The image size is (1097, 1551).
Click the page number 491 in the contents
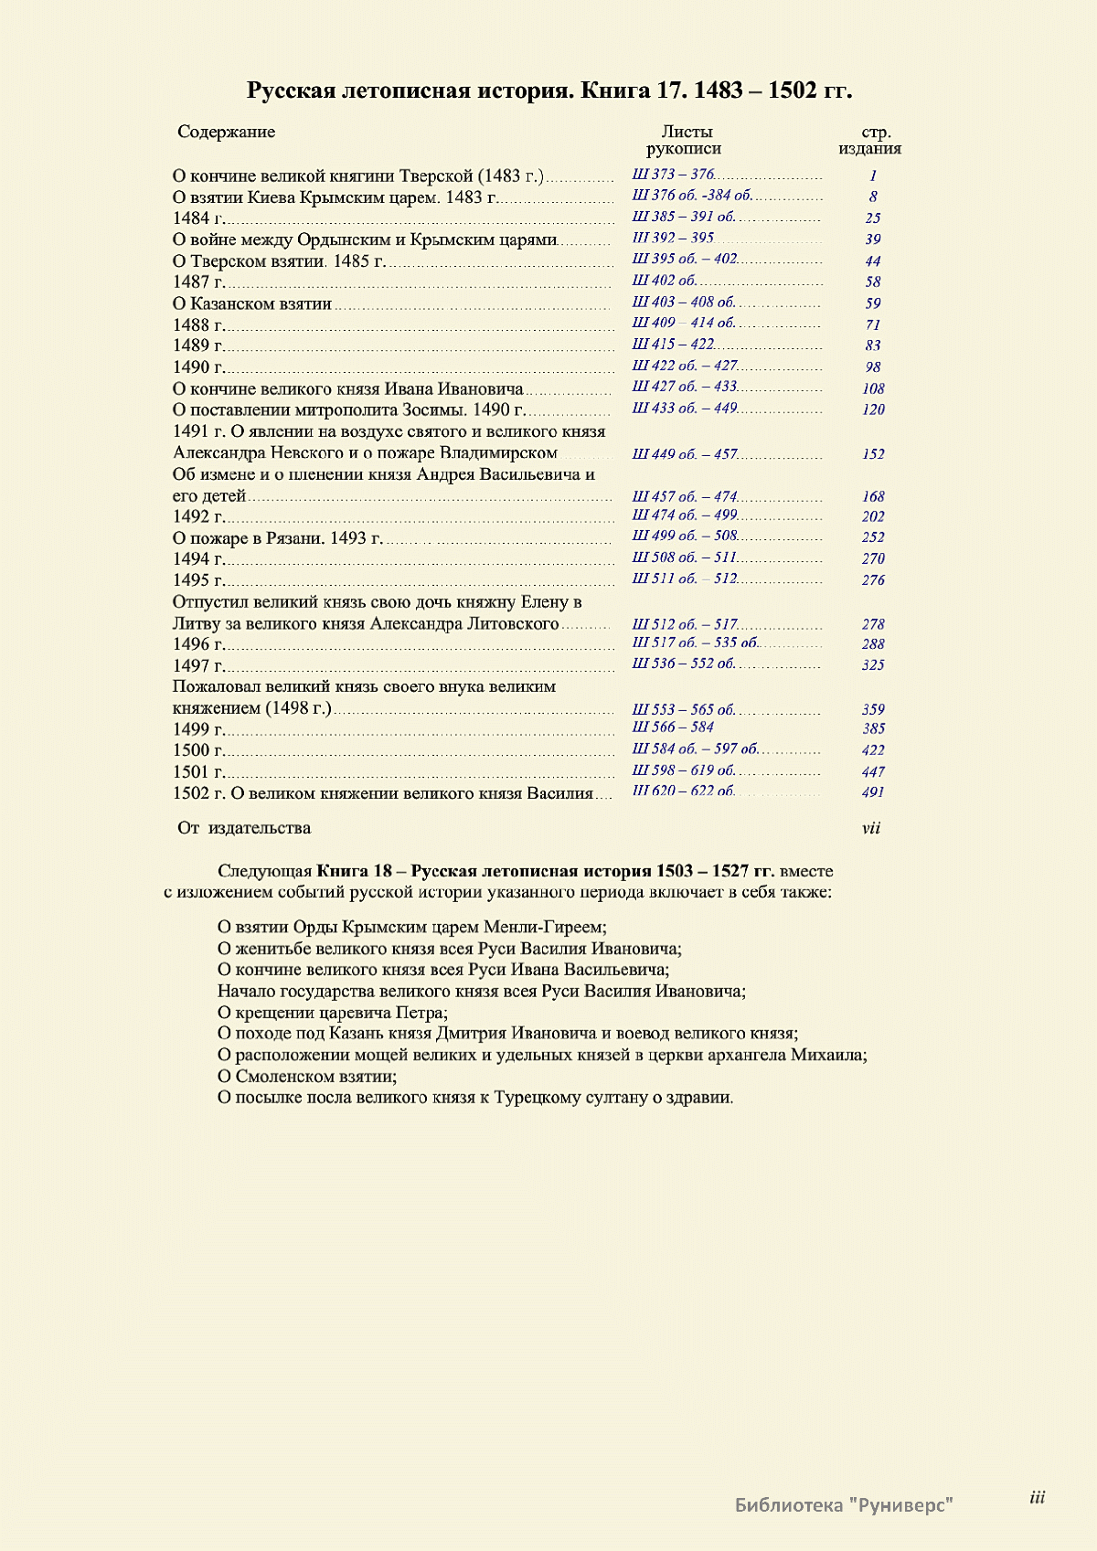pos(873,792)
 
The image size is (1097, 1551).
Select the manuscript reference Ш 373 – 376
pos(673,175)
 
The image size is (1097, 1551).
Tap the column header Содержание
pos(226,132)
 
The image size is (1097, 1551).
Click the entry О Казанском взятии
pos(251,303)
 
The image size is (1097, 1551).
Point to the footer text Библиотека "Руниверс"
pos(844,1504)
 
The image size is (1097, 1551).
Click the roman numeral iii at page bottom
pos(1037,1497)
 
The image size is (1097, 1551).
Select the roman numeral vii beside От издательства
pos(871,828)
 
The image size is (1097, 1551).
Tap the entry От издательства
pos(244,828)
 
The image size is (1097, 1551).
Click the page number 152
pos(873,454)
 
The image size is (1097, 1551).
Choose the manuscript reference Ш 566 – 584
pos(673,728)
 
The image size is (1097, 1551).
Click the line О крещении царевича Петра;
pos(333,1013)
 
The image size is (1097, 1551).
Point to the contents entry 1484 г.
pos(198,218)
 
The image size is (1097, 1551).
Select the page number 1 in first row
pos(873,175)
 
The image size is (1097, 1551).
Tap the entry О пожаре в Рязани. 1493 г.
pos(277,538)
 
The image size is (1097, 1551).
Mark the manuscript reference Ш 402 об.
pos(665,281)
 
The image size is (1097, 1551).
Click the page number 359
pos(873,709)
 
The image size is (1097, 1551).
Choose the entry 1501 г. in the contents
pos(198,772)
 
